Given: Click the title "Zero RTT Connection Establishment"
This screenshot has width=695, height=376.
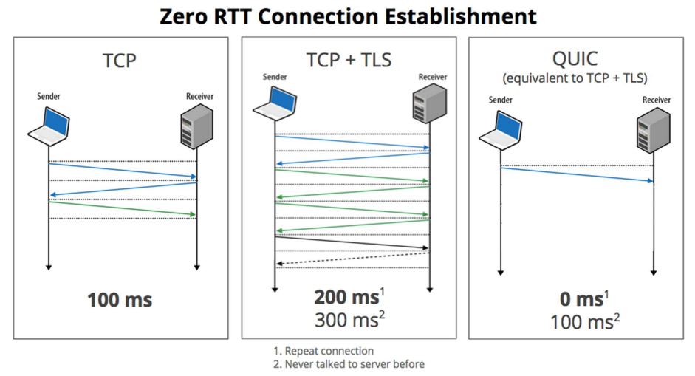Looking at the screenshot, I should coord(347,16).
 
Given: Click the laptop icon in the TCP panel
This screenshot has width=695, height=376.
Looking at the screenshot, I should coord(49,123).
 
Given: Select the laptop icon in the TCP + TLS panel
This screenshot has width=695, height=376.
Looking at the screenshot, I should coord(274,100).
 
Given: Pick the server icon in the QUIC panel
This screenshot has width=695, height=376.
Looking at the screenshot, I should coord(654,129).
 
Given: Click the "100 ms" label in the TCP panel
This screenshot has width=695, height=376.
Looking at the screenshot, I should coord(120,300).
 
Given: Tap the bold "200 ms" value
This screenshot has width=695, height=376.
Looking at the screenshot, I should coord(346,298).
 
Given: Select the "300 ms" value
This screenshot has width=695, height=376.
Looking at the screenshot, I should coord(346,320).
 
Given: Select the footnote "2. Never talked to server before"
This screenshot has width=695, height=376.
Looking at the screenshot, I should coord(349,363).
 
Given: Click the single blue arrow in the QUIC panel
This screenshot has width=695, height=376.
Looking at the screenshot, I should coord(577,174).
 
